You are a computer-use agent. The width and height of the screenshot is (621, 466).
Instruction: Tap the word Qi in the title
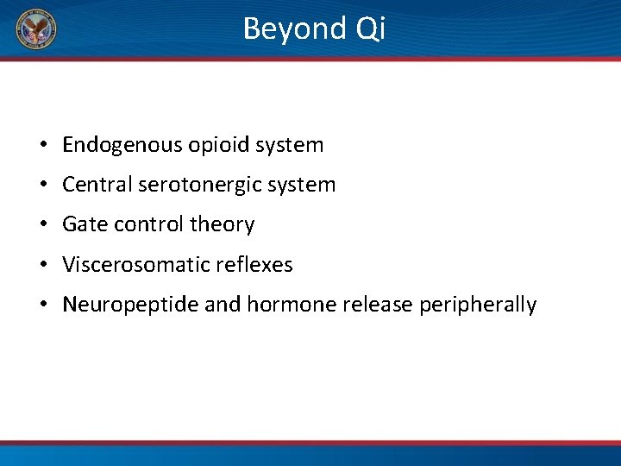coord(369,29)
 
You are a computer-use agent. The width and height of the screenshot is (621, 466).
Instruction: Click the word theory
coord(222,224)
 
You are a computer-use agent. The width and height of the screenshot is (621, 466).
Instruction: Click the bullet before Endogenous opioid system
coord(41,146)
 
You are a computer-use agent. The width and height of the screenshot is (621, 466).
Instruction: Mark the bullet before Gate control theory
coord(41,225)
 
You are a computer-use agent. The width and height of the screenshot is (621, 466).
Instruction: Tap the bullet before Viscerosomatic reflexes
coord(41,266)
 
